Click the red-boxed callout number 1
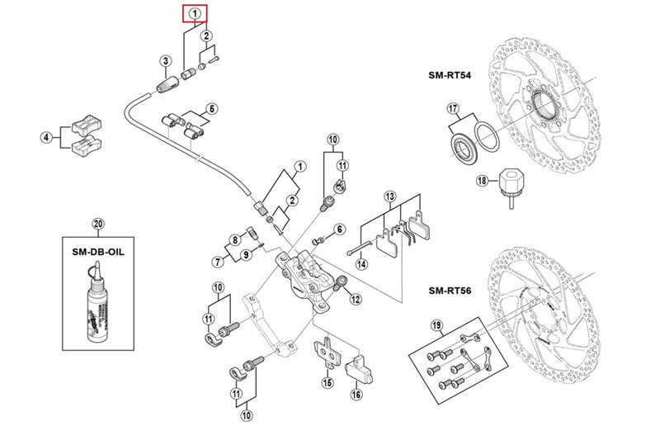click(195, 13)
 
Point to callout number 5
click(211, 108)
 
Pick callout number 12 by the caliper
click(356, 300)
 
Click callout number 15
click(328, 382)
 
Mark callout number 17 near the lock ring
click(452, 108)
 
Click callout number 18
click(479, 181)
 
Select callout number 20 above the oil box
click(97, 224)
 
